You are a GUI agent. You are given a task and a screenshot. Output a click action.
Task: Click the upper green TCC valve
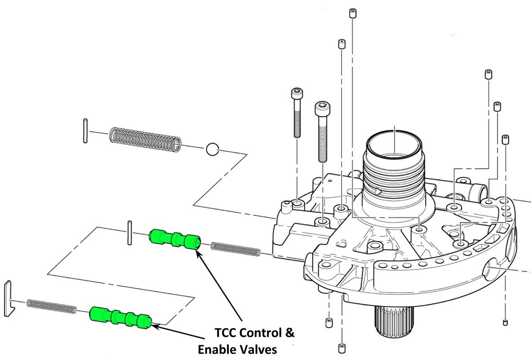click(x=175, y=238)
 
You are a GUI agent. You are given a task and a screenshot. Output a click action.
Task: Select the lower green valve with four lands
click(x=120, y=317)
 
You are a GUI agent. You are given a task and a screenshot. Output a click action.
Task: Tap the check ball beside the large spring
click(x=212, y=149)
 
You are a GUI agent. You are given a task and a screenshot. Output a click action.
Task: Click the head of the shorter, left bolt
click(x=297, y=94)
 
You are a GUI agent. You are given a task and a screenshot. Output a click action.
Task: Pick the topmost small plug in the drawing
click(x=352, y=13)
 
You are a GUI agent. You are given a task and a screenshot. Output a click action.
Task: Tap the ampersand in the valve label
click(x=290, y=333)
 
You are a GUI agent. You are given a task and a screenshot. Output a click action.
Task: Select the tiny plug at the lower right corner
click(x=505, y=322)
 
